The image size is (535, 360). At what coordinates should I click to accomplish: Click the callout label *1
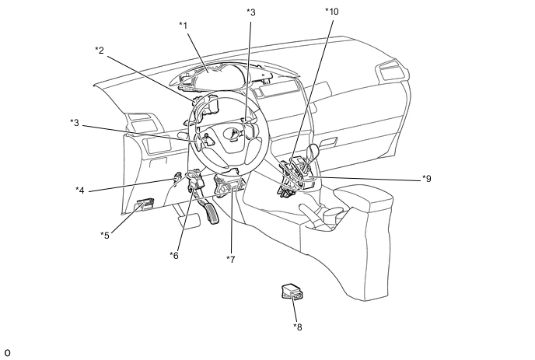coord(184,25)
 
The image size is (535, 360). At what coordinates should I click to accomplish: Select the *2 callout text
coord(100,51)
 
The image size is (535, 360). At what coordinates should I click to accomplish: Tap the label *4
coord(80,190)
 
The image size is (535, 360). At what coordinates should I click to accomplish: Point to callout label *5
coord(104,234)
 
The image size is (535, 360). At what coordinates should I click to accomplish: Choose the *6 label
coord(174,256)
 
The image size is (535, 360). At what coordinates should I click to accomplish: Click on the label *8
coord(298,327)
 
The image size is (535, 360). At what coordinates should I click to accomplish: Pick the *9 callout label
coord(426,178)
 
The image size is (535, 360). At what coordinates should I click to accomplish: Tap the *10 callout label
coord(331,12)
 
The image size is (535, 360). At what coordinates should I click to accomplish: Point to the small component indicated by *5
coord(145,205)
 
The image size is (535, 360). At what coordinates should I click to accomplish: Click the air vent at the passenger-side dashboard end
coord(388,75)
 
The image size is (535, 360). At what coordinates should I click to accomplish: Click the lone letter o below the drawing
coord(6,353)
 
